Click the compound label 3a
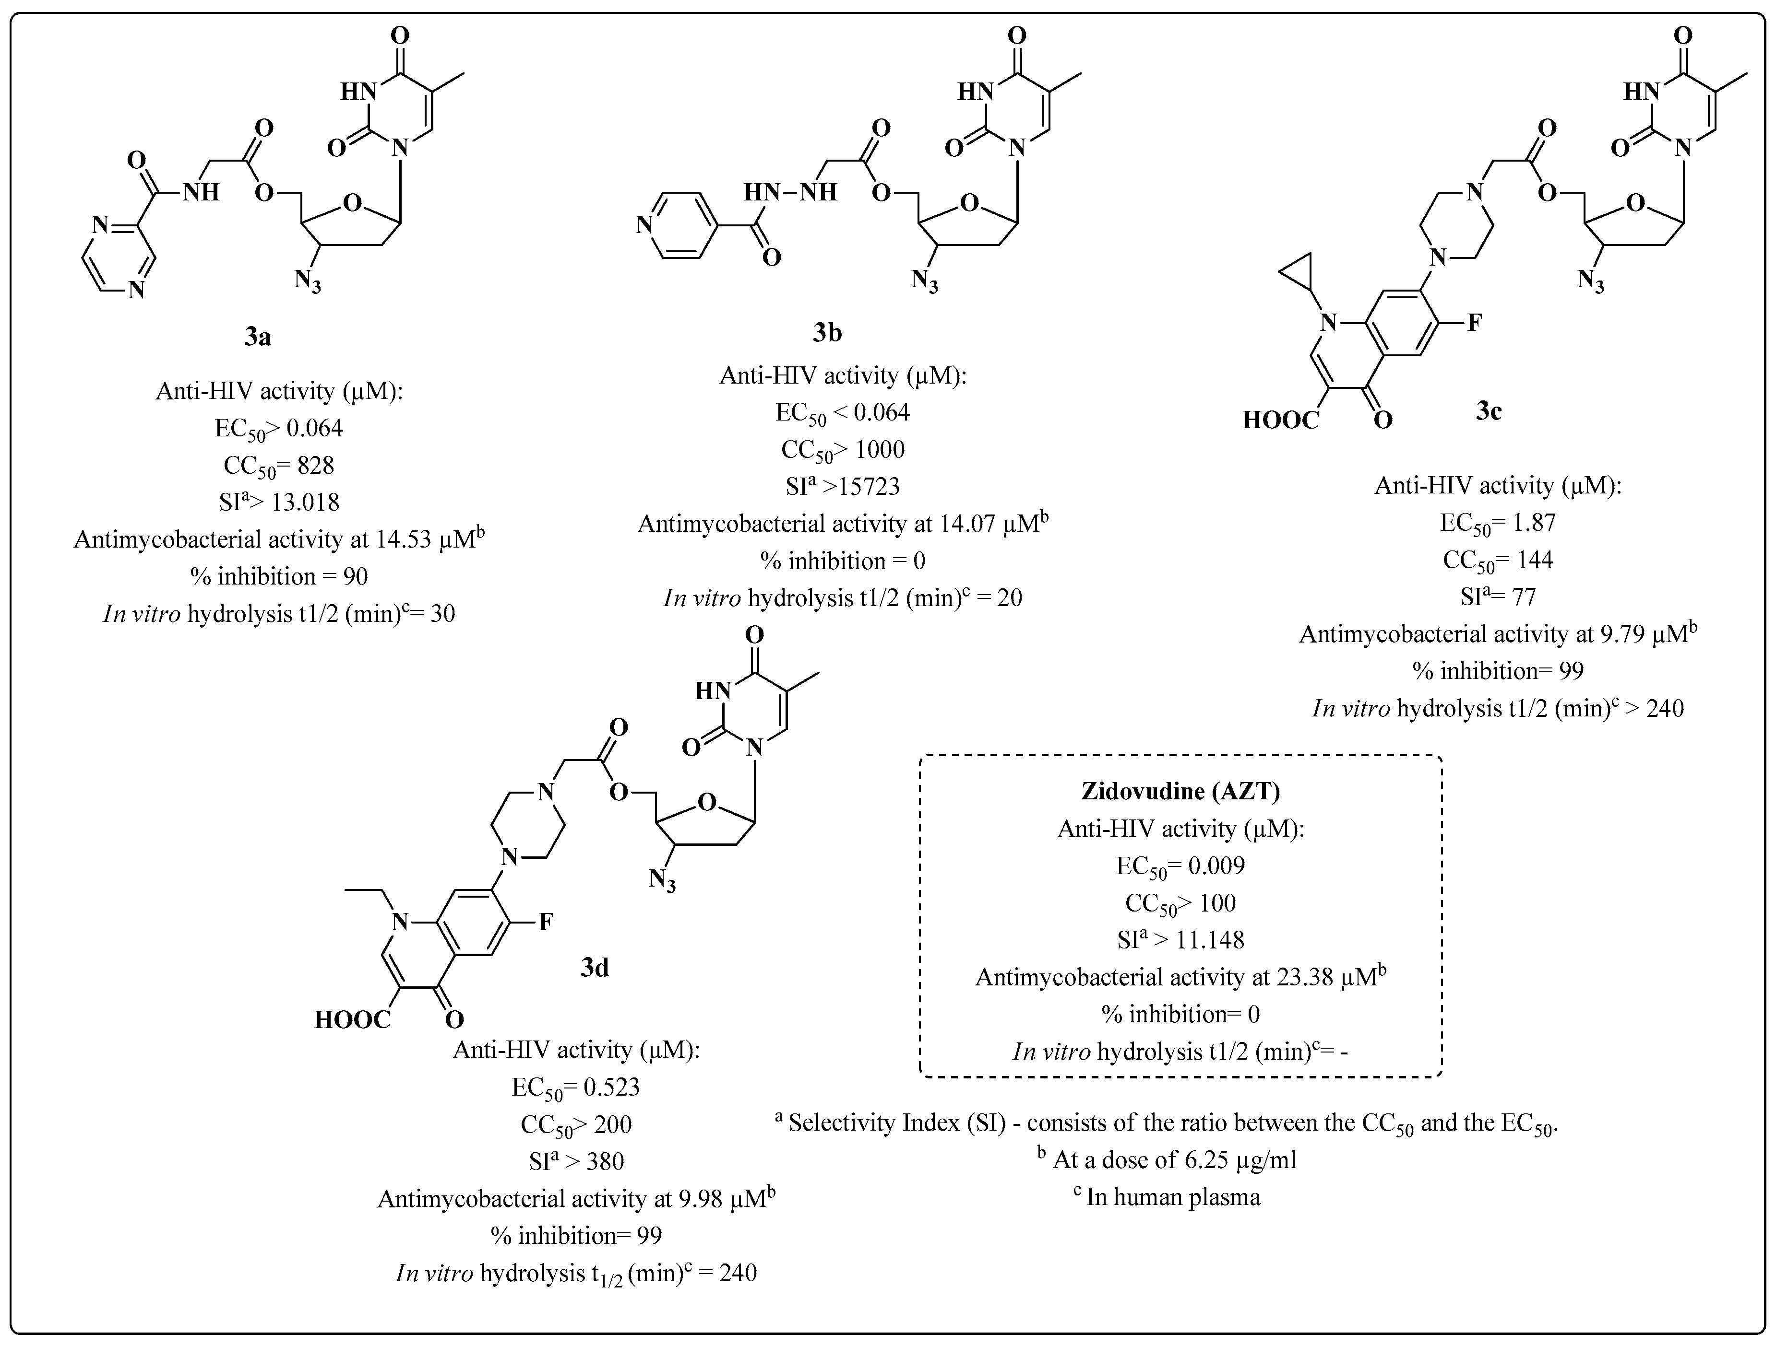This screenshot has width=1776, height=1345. click(258, 337)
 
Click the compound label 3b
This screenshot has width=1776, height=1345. click(827, 332)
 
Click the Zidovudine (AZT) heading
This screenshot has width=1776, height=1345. click(1180, 791)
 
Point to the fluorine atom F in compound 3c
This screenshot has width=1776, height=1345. click(1474, 323)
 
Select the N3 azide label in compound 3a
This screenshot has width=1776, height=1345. click(308, 281)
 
